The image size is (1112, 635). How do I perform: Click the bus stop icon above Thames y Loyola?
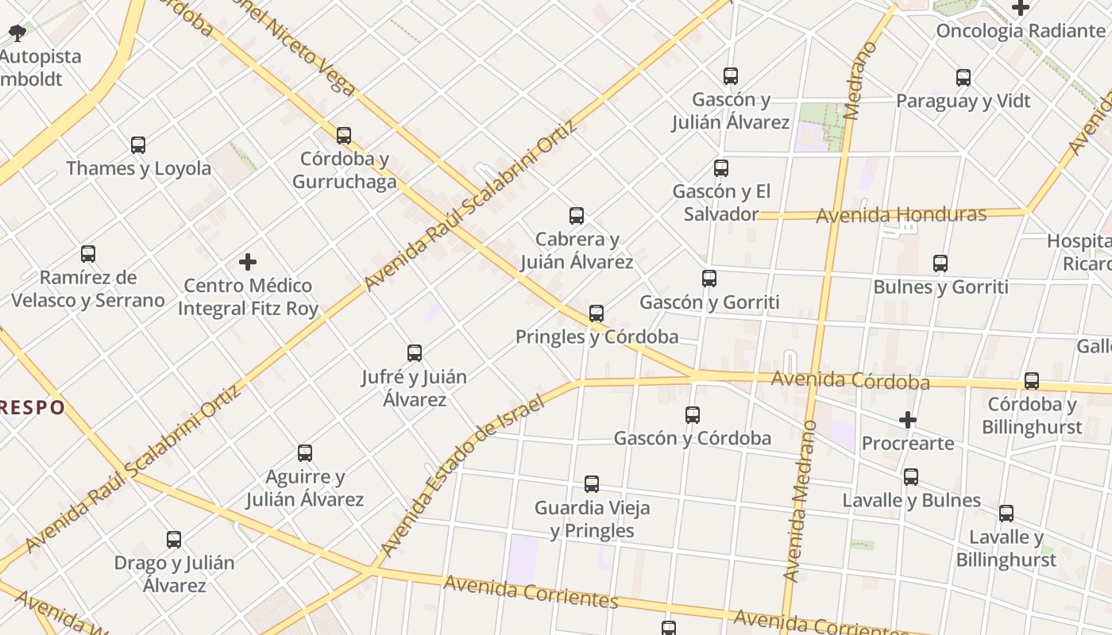click(138, 145)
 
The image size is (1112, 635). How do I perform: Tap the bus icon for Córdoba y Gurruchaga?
click(344, 136)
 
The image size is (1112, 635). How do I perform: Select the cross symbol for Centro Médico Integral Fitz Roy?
click(248, 262)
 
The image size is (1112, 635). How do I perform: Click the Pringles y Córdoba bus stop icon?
click(597, 314)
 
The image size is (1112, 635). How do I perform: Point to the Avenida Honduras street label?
click(901, 214)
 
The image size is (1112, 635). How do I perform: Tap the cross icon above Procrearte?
click(908, 419)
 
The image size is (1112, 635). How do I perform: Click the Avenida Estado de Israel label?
click(462, 475)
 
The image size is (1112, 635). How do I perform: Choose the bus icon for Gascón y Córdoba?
click(693, 414)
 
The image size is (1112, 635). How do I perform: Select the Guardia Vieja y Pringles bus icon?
click(592, 484)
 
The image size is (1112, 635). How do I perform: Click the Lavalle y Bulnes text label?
click(911, 501)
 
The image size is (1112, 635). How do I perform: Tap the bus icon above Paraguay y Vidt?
click(963, 78)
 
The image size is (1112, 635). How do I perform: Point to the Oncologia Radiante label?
click(1021, 31)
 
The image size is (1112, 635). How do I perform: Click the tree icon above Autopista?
click(17, 33)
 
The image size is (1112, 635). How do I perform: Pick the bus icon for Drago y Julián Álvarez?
click(174, 540)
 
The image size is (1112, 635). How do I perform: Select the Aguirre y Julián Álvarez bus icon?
click(305, 453)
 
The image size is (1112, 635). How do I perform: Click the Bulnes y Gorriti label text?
click(940, 287)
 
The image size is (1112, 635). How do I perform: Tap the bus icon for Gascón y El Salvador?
click(721, 168)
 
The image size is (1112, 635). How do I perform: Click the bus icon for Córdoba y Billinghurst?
click(1032, 381)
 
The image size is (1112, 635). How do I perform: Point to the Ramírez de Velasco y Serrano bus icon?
click(88, 254)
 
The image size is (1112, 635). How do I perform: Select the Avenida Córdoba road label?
click(850, 381)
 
